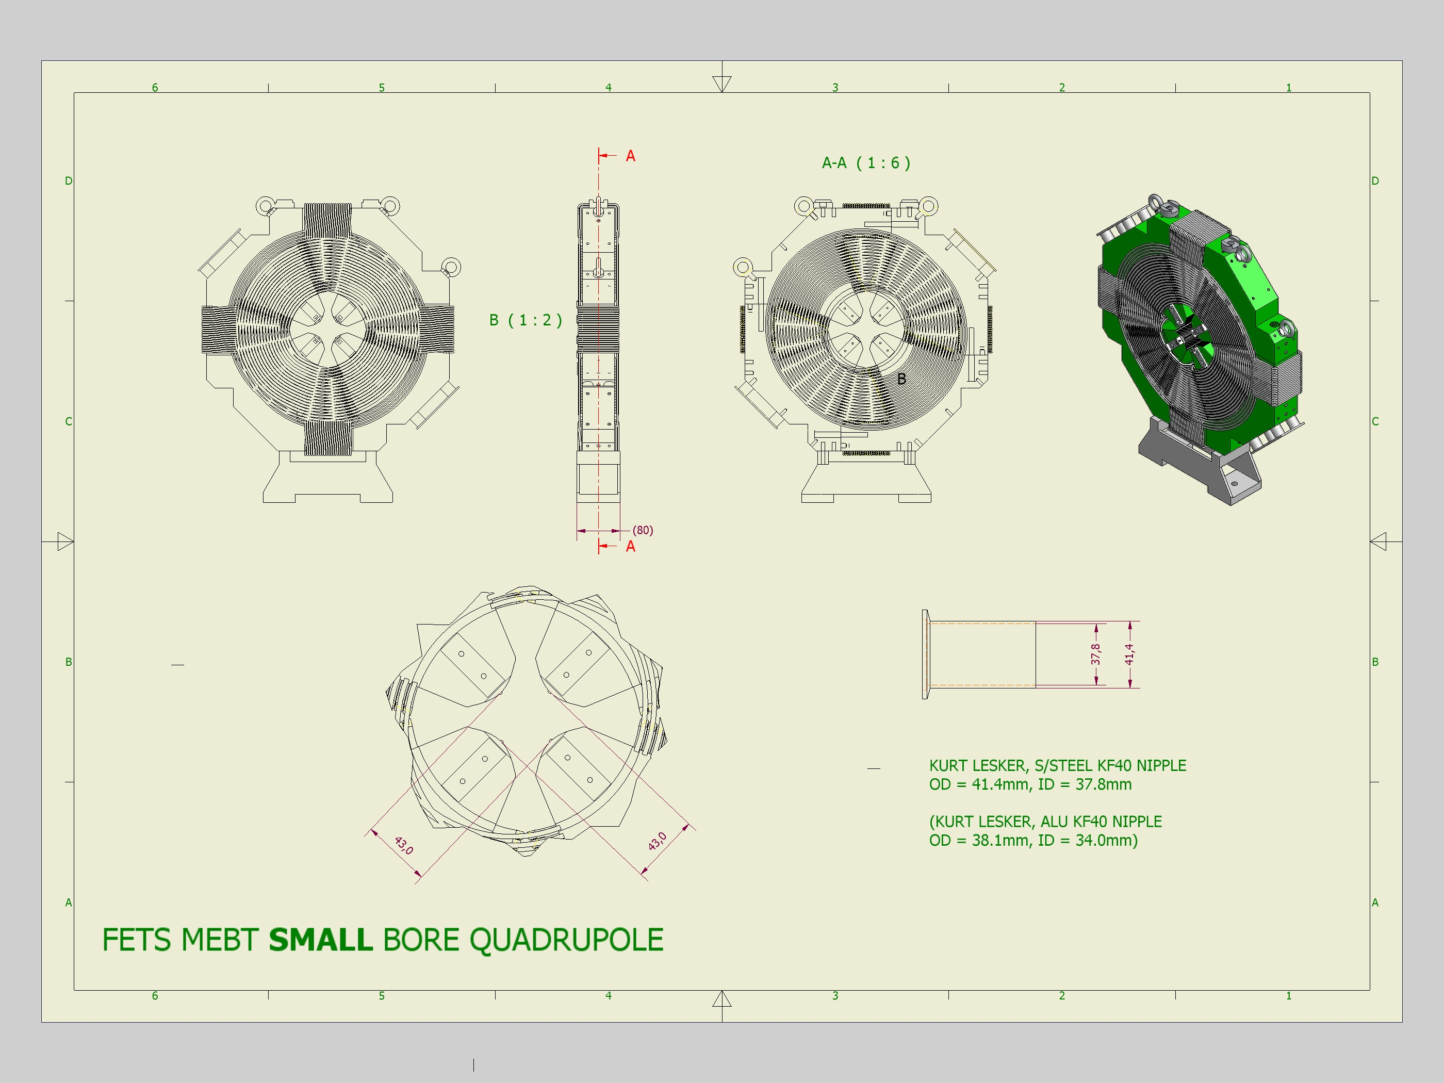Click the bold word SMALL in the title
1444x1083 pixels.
[x=321, y=940]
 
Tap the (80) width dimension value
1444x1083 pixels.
[x=643, y=530]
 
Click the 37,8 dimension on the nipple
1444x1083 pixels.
[x=1095, y=654]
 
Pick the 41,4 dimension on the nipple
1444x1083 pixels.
[x=1129, y=654]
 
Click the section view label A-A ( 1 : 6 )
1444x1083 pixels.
[x=865, y=163]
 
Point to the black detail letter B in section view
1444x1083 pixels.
[x=901, y=379]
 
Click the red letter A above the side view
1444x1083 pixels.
[x=631, y=156]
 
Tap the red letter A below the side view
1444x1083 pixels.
[x=631, y=546]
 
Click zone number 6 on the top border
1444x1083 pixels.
[x=155, y=88]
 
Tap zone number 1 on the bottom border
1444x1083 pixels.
[x=1289, y=995]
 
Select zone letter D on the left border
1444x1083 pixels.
[x=69, y=181]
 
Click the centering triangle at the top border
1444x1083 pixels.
[x=722, y=84]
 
